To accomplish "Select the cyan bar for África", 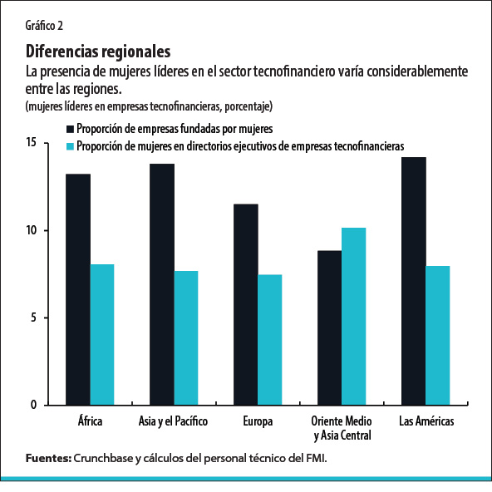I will [x=102, y=334].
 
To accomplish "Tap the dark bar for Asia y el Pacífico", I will [x=162, y=284].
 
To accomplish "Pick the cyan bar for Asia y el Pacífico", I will [x=186, y=337].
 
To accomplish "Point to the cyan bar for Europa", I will [x=270, y=339].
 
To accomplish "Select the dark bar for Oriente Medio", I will [x=329, y=327].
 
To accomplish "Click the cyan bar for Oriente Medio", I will [x=353, y=316].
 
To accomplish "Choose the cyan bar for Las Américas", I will [x=437, y=335].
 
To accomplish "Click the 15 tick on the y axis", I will [x=32, y=143].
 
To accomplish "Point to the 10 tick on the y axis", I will [x=32, y=230].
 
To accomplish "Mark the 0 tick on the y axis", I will [x=34, y=405].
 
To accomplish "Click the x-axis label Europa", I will [x=258, y=421].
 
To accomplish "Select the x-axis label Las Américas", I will [x=426, y=421].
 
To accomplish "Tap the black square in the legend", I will [x=70, y=129].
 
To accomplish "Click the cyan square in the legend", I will [x=70, y=145].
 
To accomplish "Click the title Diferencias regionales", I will [x=98, y=52].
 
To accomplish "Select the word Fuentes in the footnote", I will [x=47, y=458].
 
